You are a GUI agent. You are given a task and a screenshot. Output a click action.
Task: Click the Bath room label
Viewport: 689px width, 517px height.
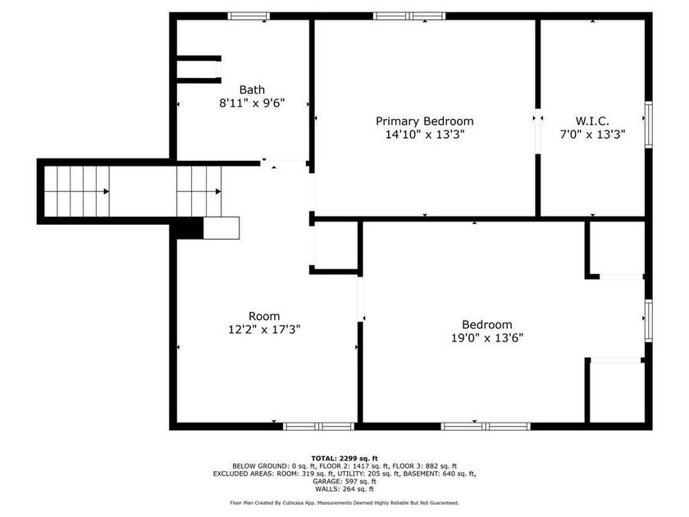coord(251,89)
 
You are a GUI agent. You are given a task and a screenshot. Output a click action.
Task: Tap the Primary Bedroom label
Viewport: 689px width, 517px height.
coord(424,121)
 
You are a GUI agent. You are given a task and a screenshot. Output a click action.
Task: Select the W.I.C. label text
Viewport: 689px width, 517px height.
coord(591,121)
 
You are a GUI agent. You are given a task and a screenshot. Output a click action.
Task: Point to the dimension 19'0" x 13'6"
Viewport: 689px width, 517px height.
coord(486,337)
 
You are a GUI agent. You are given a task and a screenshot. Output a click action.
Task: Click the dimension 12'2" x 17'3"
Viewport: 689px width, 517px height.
coord(263,329)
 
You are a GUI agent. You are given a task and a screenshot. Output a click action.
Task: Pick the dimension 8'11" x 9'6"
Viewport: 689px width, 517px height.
coord(251,103)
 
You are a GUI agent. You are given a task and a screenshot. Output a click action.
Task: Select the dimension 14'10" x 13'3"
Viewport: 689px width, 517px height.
coord(424,135)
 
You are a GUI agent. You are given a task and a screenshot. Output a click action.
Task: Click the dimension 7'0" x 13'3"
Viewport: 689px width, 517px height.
coord(591,135)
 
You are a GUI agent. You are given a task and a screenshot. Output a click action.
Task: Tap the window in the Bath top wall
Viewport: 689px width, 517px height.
coord(249,16)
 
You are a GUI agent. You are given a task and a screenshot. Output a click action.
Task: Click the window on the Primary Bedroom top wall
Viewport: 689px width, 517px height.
coord(409,16)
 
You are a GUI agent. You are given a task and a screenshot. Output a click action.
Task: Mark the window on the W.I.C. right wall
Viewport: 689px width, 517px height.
coord(648,126)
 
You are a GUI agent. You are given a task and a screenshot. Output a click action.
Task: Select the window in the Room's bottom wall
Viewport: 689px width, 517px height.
coord(318,426)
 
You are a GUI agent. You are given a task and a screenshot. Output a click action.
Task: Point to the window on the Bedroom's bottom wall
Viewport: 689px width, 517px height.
coord(486,426)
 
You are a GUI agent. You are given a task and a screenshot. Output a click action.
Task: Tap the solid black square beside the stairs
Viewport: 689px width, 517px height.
coord(190,228)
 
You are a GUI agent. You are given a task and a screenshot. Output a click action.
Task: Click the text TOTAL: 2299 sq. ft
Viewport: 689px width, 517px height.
coord(344,458)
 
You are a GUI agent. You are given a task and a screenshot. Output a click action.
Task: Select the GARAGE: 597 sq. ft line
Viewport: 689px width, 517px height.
coord(344,482)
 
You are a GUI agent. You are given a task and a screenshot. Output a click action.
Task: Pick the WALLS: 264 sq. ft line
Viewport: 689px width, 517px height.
coord(344,490)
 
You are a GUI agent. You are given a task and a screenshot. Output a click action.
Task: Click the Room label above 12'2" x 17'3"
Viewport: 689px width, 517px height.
coord(263,316)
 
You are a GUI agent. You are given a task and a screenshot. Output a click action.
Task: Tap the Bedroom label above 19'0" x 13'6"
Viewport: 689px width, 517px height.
coord(486,324)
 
